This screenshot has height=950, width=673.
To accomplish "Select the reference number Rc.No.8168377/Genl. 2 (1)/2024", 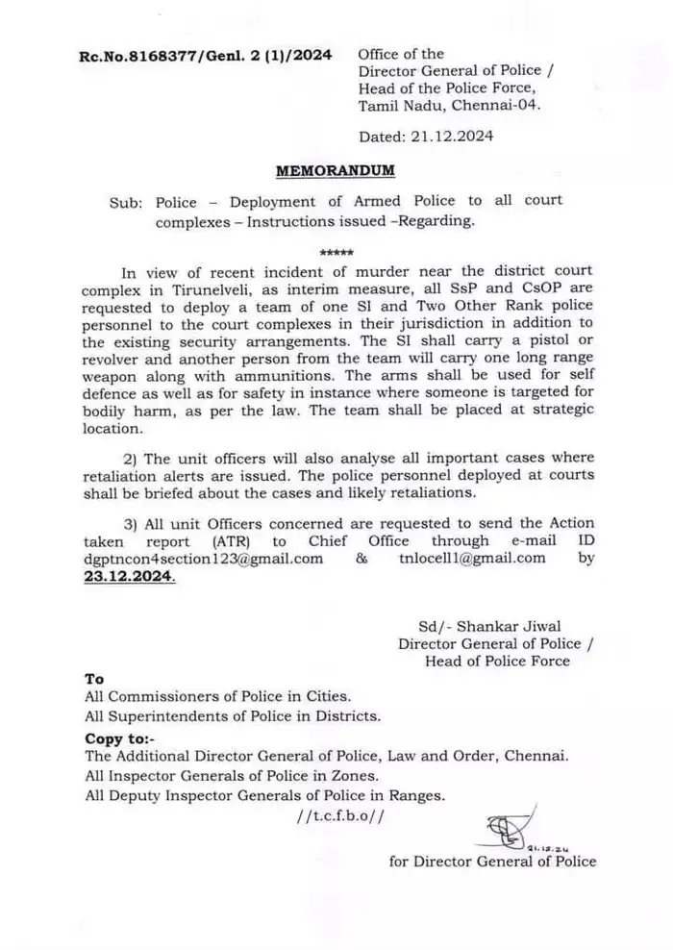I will [x=205, y=56].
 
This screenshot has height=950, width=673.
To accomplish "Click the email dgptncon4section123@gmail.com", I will [x=204, y=559].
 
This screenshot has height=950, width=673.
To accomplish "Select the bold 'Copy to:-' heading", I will [x=118, y=737].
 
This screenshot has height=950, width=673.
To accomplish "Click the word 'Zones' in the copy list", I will [x=368, y=775].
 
